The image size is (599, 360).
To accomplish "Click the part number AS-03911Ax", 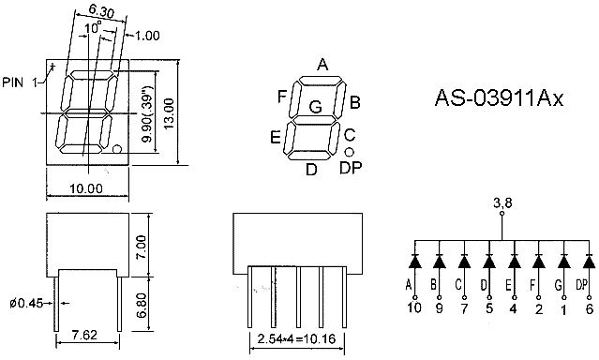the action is coord(499,98).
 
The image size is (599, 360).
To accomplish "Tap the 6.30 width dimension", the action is coord(101,11).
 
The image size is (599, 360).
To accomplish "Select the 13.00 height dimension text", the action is coord(169,113).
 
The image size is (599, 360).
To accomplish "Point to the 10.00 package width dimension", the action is coord(86,188).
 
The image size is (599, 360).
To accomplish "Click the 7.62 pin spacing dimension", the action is coord(84,335).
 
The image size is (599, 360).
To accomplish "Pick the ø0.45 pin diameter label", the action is coord(26,304).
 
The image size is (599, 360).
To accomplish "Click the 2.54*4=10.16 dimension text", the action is coord(296,338).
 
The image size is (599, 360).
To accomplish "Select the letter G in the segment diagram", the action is coord(316,107).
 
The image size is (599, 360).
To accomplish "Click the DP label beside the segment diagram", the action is coord(351,168).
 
